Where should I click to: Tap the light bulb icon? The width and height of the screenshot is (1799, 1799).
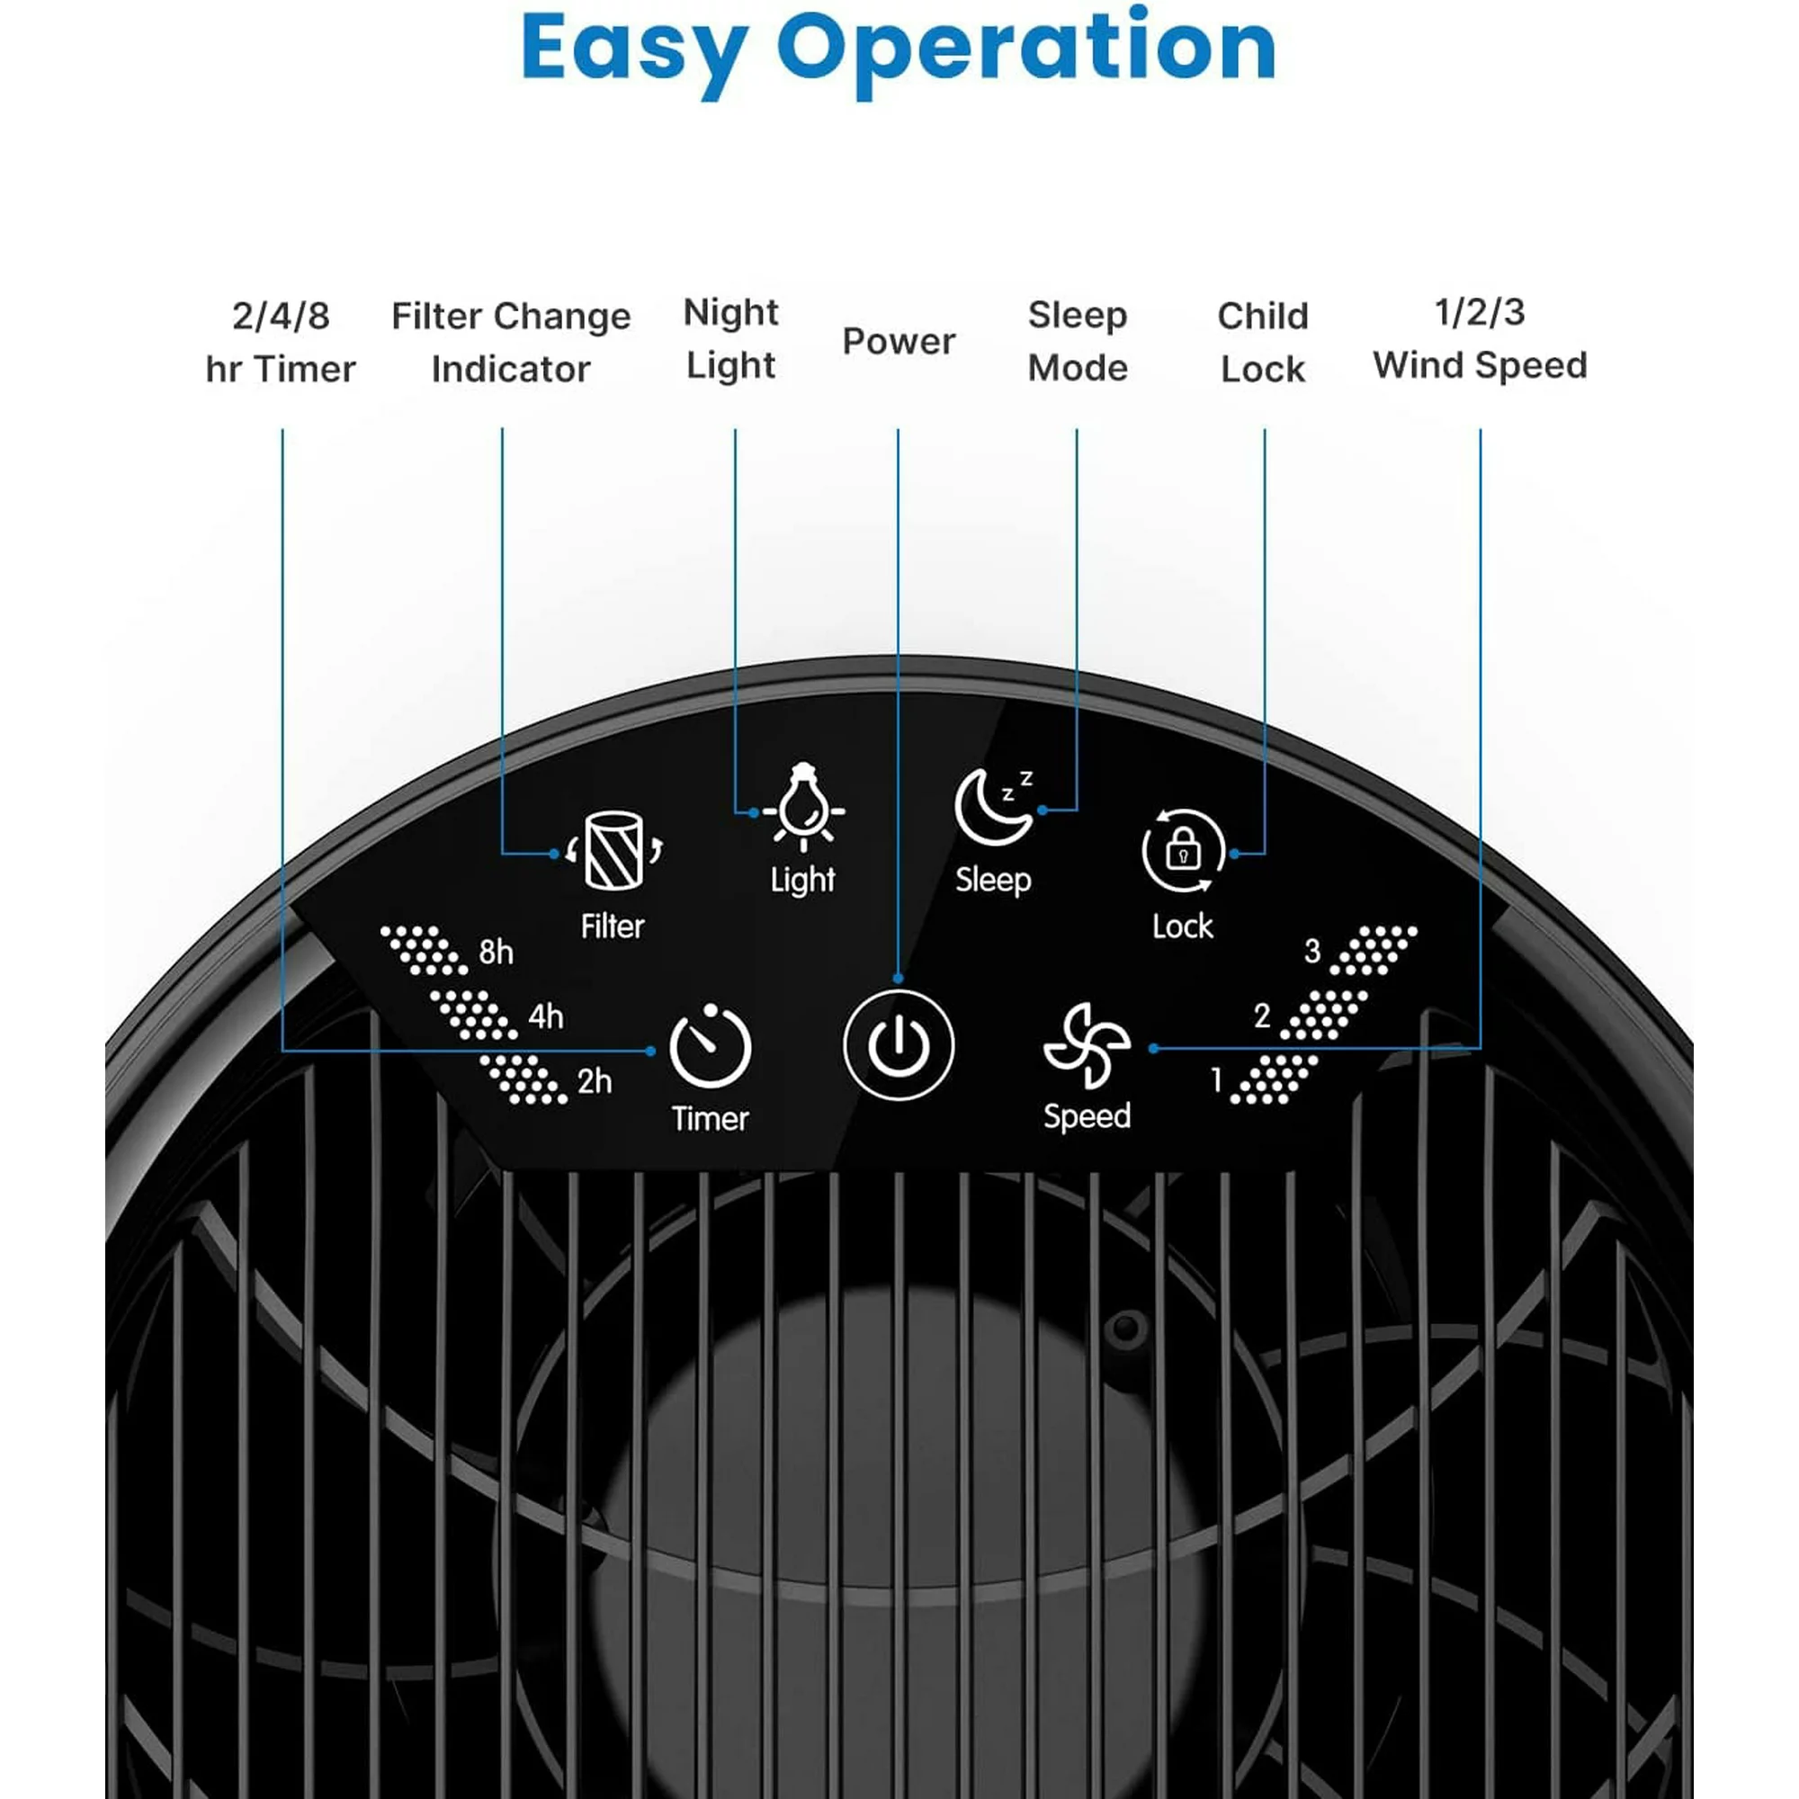(802, 809)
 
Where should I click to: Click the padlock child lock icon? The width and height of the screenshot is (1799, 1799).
(1183, 850)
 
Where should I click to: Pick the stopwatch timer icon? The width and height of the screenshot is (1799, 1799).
(711, 1047)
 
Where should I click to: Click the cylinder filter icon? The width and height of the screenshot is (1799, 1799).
(613, 850)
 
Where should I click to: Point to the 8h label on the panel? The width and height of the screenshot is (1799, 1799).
(497, 952)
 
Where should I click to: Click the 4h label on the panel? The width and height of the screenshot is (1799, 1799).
(546, 1016)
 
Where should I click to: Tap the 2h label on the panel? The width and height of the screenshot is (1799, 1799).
(594, 1081)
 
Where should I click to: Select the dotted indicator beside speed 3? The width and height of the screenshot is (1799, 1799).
(1373, 950)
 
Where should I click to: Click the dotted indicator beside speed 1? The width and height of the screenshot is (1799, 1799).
(1274, 1079)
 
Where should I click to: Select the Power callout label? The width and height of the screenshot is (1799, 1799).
(899, 342)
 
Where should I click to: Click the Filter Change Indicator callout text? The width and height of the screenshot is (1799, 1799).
(510, 343)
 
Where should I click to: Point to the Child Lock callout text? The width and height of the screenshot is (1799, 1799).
(1263, 343)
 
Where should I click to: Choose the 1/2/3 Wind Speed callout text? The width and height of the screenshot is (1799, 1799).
(1480, 339)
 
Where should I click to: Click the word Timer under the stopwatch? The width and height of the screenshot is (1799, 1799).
(711, 1118)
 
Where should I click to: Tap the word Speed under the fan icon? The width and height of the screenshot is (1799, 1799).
(1087, 1115)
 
